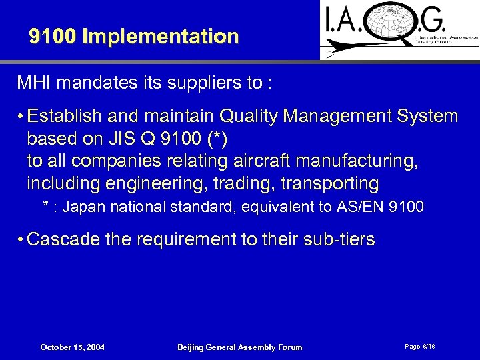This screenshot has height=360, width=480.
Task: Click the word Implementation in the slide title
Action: (160, 37)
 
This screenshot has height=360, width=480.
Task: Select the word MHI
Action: (32, 84)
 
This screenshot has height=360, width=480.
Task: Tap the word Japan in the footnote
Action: (85, 207)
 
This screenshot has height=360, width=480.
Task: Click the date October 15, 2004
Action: (73, 347)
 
